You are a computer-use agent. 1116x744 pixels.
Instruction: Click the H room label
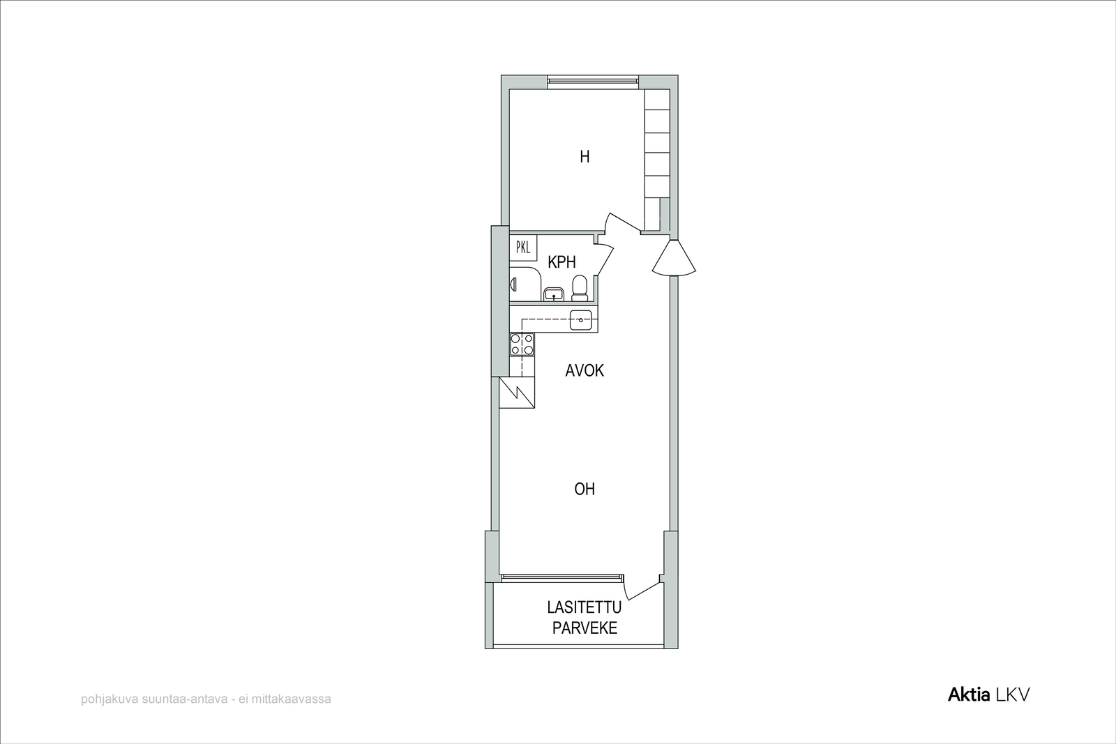(x=585, y=157)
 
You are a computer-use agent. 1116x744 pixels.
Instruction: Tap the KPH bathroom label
(x=561, y=262)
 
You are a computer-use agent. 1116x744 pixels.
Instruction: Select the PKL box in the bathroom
(x=523, y=248)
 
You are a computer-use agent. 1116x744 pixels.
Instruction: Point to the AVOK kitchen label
(x=585, y=370)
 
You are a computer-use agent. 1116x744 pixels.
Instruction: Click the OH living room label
(x=585, y=489)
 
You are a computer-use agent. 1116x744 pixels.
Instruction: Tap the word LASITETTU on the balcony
(x=585, y=607)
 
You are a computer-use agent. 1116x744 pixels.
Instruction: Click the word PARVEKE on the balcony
(x=585, y=628)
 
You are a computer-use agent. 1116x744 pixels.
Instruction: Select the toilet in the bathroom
(x=580, y=289)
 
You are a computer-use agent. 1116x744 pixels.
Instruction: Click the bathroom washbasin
(x=553, y=294)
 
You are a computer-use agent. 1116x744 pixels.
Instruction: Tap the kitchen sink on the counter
(x=581, y=320)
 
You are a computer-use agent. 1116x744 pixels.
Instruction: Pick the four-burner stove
(x=522, y=344)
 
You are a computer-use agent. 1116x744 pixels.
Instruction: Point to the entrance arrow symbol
(x=674, y=258)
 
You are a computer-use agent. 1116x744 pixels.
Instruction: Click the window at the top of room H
(x=593, y=79)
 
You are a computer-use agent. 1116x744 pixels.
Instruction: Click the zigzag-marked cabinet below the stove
(x=517, y=393)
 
